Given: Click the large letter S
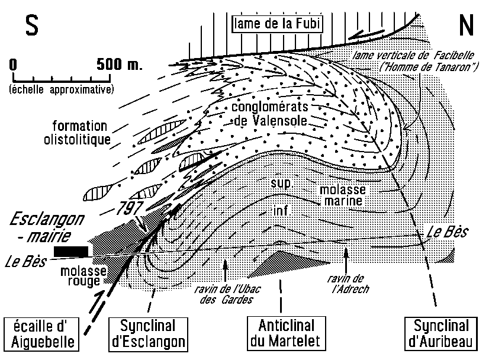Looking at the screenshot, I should click(x=32, y=25).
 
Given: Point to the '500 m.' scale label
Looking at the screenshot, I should click(x=116, y=65).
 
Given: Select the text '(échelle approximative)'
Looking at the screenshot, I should click(x=62, y=89).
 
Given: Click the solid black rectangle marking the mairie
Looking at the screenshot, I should click(x=70, y=252).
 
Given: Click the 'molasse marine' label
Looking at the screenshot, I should click(x=342, y=196).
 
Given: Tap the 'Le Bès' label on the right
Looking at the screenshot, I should click(x=446, y=231).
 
